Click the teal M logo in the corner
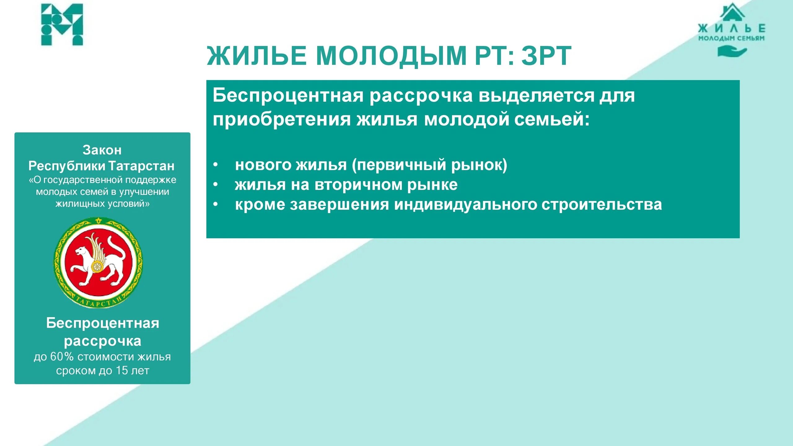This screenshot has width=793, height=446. pos(62,25)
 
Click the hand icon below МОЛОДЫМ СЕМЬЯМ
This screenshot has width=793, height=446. pos(732,51)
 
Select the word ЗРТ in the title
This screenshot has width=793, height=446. pos(546,56)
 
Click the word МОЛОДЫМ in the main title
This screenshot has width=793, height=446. pos(391,56)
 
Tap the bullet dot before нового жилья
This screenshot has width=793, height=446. pos(216,164)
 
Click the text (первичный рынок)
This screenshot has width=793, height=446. pos(429,165)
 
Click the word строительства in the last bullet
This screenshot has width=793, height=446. pos(601,205)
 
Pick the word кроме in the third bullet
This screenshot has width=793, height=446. pos(260,205)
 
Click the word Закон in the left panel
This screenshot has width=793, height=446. pos(102,150)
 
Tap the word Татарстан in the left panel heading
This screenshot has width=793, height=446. pos(141,166)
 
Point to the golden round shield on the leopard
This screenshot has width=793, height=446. pos(98,267)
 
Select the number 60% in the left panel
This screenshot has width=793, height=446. pos(62,357)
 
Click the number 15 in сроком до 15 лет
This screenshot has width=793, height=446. pos(122,371)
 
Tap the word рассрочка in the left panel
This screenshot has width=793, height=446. pos(103,341)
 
